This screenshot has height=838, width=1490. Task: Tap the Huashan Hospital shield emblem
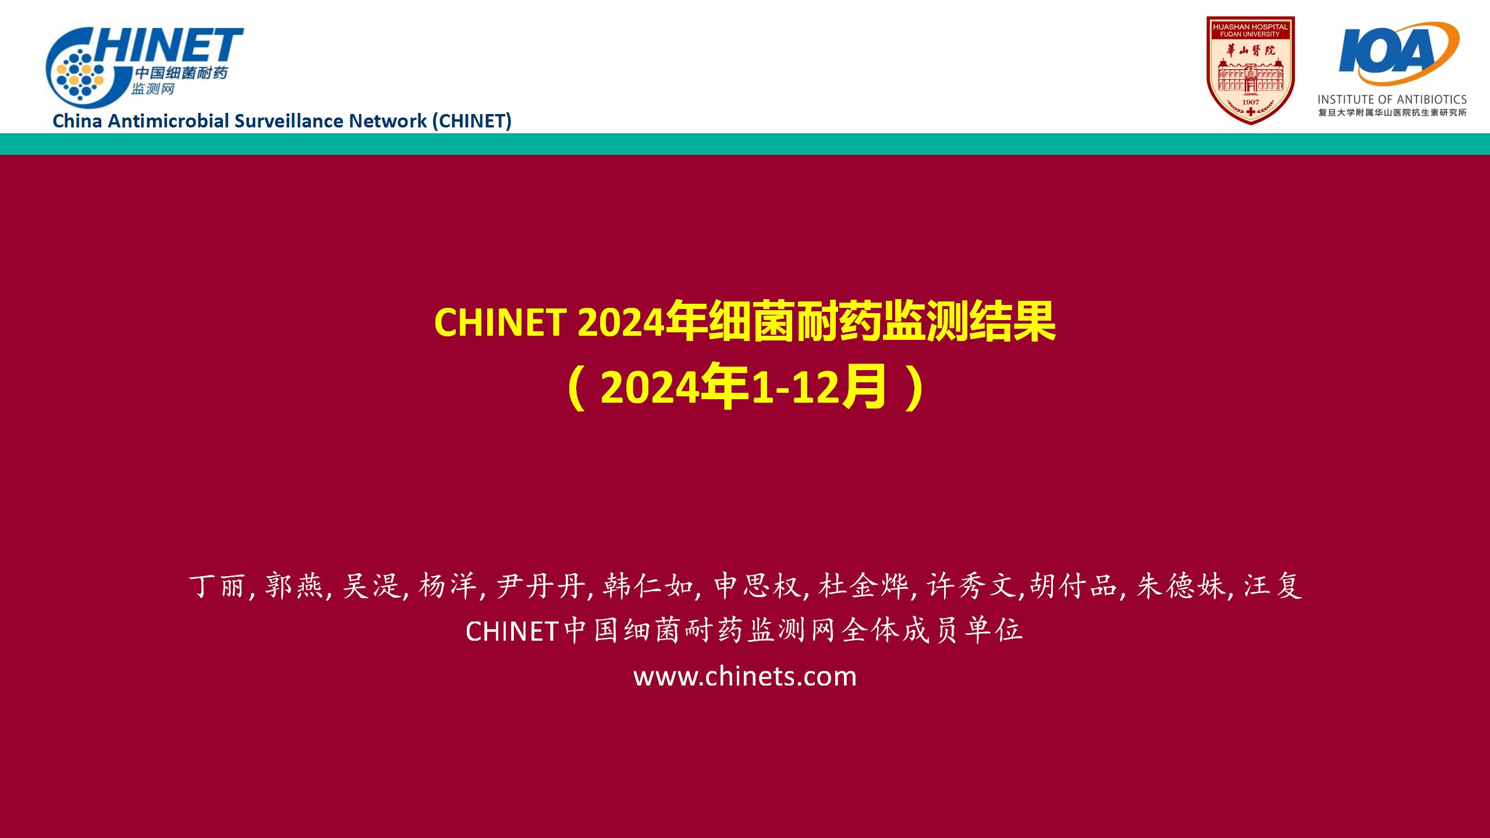pyautogui.click(x=1250, y=70)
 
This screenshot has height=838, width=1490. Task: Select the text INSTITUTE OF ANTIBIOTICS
pyautogui.click(x=1392, y=100)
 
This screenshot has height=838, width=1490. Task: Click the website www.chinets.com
pyautogui.click(x=745, y=676)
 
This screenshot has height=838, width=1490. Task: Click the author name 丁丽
pyautogui.click(x=217, y=585)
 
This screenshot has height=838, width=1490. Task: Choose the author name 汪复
pyautogui.click(x=1272, y=585)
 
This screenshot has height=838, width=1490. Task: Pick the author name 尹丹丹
pyautogui.click(x=541, y=585)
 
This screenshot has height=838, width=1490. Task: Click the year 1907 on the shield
pyautogui.click(x=1250, y=102)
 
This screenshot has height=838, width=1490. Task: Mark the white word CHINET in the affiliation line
pyautogui.click(x=513, y=631)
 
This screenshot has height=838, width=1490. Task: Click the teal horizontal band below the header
pyautogui.click(x=745, y=144)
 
